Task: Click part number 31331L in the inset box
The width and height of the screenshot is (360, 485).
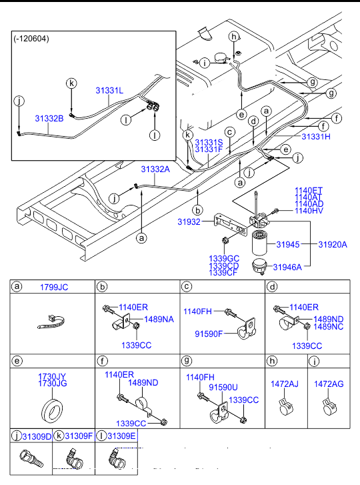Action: click(109, 90)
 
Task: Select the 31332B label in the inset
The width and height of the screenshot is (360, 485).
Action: click(49, 119)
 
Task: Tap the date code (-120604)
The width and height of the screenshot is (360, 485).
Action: click(31, 39)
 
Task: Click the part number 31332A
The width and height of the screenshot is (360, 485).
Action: click(155, 169)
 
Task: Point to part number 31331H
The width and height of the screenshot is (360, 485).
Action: click(316, 136)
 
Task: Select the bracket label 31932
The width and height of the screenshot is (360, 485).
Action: click(189, 221)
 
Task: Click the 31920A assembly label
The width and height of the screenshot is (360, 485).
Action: click(333, 245)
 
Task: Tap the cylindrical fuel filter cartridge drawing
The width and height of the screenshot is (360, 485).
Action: click(259, 243)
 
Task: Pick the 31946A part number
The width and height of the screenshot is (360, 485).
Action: click(287, 267)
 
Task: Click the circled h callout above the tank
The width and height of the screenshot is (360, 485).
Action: click(234, 37)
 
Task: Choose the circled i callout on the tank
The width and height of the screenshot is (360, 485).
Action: click(205, 63)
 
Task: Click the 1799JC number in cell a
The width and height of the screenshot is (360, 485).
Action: click(54, 288)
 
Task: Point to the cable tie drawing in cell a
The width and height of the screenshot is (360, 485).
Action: click(51, 322)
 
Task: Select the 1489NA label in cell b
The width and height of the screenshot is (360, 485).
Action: click(159, 319)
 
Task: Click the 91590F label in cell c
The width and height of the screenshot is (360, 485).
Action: click(209, 334)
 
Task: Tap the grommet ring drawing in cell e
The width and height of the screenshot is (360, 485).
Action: click(52, 411)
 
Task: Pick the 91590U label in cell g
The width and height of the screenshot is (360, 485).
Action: click(223, 387)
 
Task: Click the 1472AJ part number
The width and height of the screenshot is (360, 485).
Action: click(285, 384)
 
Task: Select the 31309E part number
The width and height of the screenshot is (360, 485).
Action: click(121, 436)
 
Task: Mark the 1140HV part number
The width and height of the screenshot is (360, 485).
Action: click(309, 211)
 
